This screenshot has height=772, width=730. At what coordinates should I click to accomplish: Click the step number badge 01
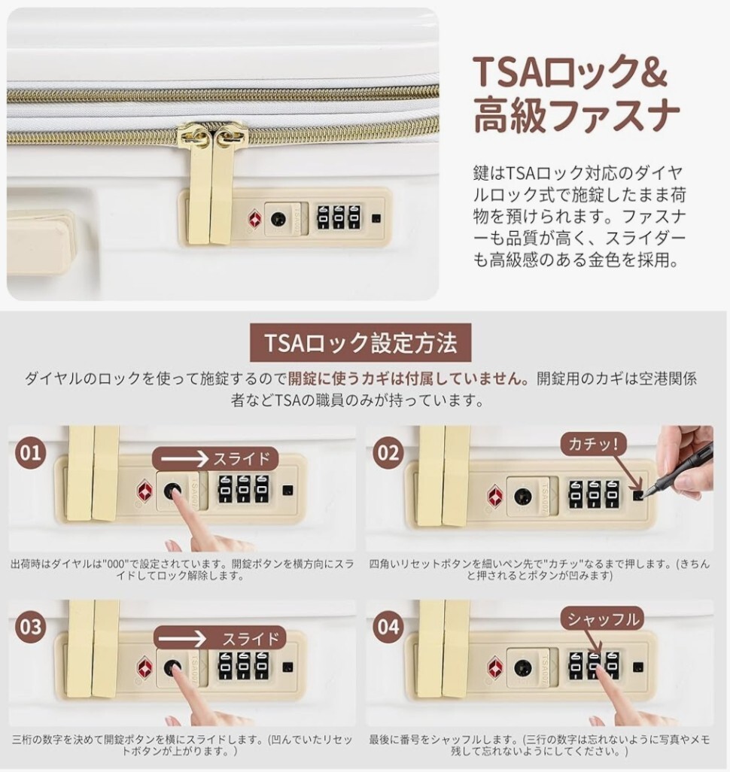30,452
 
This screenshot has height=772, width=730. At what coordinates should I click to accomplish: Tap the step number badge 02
388,452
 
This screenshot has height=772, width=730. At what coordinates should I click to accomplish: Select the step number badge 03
30,627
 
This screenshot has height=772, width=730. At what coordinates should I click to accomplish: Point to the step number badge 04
388,627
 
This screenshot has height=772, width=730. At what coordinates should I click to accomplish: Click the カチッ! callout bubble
592,445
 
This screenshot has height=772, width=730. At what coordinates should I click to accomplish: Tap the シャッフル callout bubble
603,619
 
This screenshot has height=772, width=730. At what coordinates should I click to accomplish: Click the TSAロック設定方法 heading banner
360,342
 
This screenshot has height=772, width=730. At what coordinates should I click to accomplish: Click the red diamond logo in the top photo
254,219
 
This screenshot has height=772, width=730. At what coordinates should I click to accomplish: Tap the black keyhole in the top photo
278,219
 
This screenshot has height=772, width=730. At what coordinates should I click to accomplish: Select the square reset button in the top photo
377,219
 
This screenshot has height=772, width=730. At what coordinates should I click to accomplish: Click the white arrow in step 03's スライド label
182,639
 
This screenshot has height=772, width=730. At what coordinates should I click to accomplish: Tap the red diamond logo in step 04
495,668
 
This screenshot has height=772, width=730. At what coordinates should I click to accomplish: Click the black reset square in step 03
288,667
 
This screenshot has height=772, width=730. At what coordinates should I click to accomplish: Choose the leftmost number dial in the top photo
323,217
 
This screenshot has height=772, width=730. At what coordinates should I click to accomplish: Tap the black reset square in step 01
288,491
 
